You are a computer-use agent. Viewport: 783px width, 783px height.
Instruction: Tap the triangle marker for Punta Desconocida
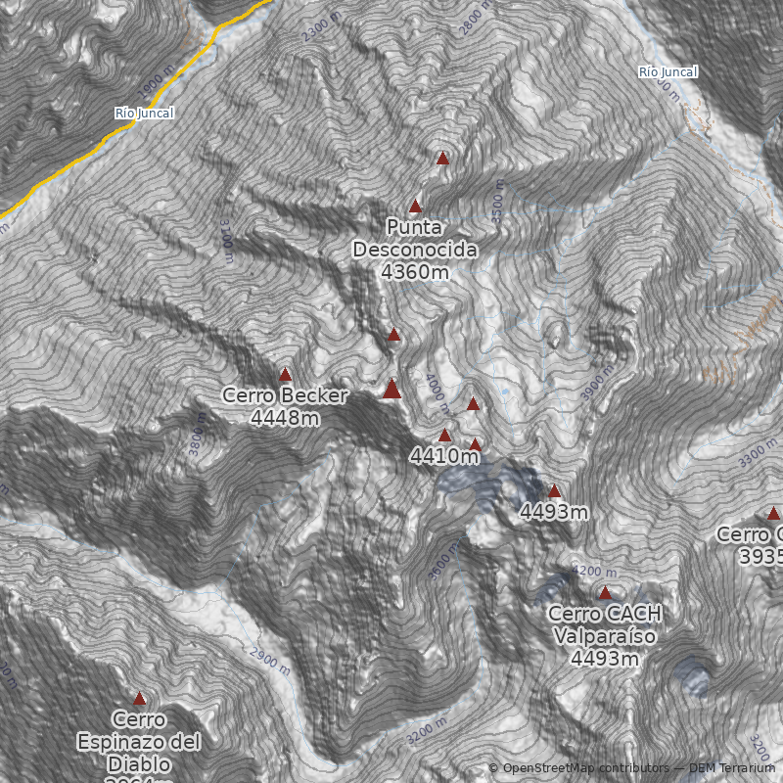pyautogui.click(x=415, y=207)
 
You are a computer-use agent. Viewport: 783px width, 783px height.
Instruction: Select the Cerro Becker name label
pyautogui.click(x=285, y=396)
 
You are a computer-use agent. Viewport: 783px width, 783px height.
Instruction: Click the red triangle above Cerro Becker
pyautogui.click(x=285, y=375)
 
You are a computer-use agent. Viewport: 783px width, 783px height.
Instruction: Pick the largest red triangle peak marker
pyautogui.click(x=391, y=390)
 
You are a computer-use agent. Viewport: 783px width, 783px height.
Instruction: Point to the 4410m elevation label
pyautogui.click(x=445, y=456)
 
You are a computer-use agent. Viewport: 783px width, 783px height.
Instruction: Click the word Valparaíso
pyautogui.click(x=605, y=636)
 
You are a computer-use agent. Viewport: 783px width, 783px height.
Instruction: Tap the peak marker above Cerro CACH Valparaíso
pyautogui.click(x=605, y=593)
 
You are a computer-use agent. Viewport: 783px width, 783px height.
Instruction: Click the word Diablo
pyautogui.click(x=139, y=763)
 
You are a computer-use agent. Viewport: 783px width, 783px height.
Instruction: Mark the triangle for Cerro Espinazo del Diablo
pyautogui.click(x=139, y=699)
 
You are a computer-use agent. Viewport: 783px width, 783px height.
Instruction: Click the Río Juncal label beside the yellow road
pyautogui.click(x=144, y=114)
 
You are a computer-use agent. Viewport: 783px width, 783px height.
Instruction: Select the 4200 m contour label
pyautogui.click(x=594, y=572)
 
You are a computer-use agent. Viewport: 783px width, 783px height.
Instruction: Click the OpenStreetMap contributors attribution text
pyautogui.click(x=584, y=768)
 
